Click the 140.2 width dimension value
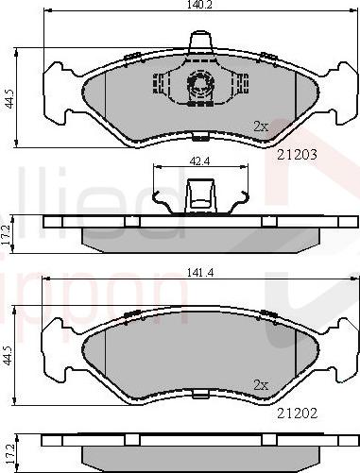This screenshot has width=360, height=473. (x=198, y=6)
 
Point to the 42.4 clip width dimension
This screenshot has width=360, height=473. (x=199, y=160)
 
